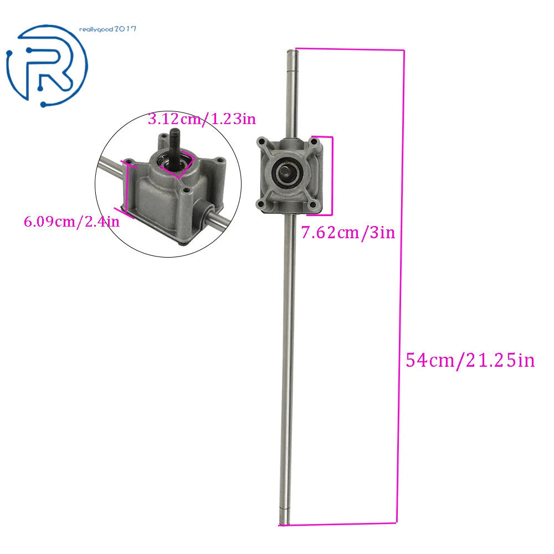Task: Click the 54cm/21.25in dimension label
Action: coord(470,361)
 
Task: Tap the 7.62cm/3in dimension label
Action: coord(348,233)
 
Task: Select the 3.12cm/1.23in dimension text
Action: coord(202,119)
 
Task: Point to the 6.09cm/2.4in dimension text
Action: coord(71,222)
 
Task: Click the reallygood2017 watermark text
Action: coord(107,29)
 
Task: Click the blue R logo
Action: coord(47,65)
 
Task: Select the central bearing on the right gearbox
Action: coord(288,172)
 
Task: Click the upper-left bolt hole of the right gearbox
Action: coord(262,142)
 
